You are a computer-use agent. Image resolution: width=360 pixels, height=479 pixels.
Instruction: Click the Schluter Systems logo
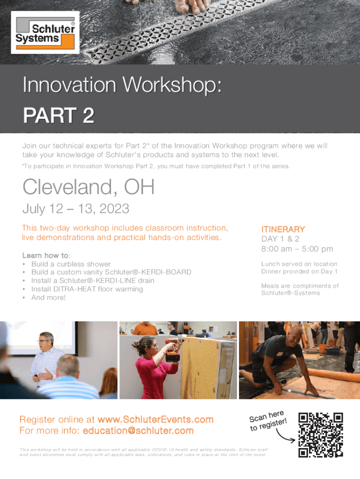point(45,32)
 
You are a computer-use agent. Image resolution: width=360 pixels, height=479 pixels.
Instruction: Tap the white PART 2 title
point(58,115)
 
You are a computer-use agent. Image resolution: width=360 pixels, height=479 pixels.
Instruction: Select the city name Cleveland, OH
point(88,187)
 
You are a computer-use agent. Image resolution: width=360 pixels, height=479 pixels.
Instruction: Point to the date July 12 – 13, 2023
point(76,209)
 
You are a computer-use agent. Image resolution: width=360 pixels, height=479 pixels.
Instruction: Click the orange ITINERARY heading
point(283,229)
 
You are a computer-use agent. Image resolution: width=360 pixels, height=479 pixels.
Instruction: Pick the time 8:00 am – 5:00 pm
point(297,249)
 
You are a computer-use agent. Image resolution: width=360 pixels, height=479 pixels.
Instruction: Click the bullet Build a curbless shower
point(71,264)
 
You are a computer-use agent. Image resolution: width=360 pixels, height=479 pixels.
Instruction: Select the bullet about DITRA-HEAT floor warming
point(87,289)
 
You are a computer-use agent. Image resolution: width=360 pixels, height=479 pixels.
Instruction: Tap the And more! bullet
point(48,298)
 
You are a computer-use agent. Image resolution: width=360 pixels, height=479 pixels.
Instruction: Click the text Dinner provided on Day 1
point(299,271)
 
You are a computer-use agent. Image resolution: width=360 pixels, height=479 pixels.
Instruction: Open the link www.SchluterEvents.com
point(155,420)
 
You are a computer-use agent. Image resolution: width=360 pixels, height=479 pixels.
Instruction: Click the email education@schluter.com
point(138,430)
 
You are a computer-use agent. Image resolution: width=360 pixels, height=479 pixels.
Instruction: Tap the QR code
point(321,435)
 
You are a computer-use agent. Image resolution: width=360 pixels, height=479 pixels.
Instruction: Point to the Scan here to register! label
point(268,421)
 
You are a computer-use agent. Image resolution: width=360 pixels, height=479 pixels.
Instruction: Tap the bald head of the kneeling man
point(294,333)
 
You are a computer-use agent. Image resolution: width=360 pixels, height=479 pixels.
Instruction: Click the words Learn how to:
point(46,255)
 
